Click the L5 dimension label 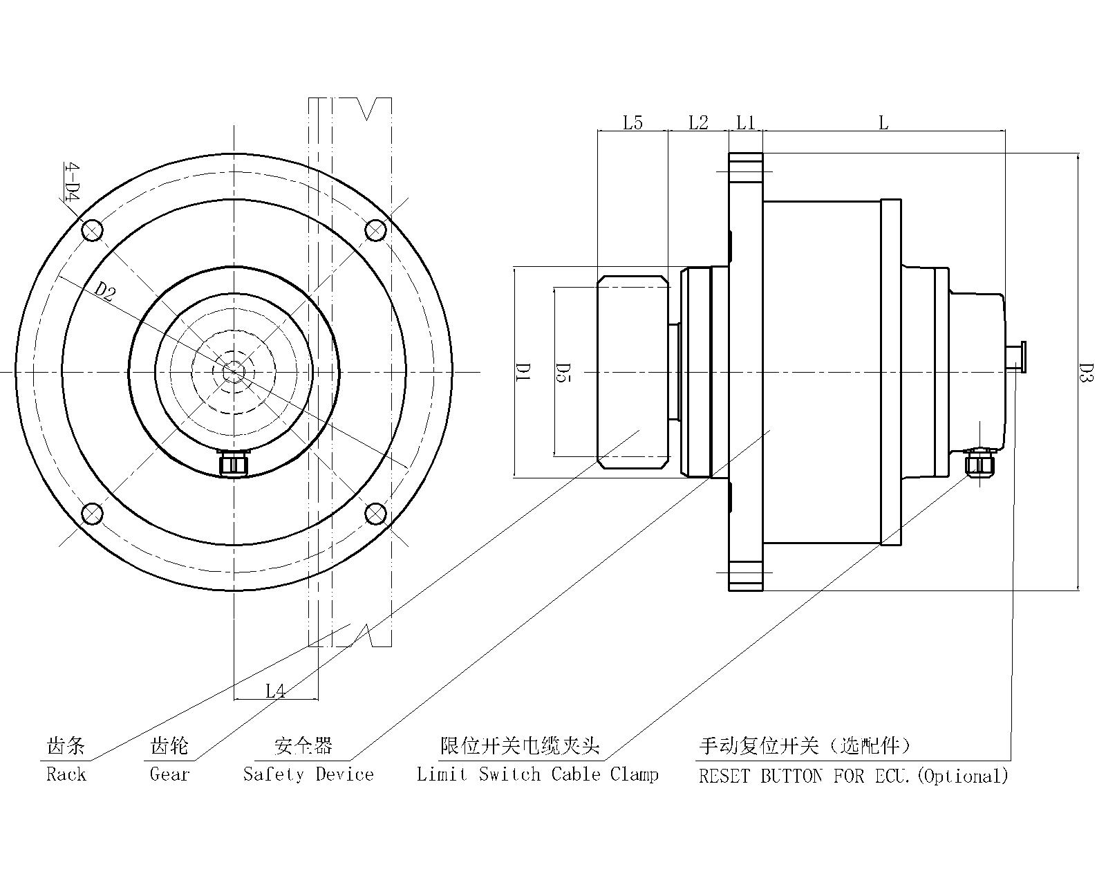(632, 123)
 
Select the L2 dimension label (698, 123)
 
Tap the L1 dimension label (745, 123)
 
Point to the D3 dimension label (1086, 372)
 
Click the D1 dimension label (523, 372)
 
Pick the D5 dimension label (563, 372)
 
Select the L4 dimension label (276, 691)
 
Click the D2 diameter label (105, 292)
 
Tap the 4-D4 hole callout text (72, 183)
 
